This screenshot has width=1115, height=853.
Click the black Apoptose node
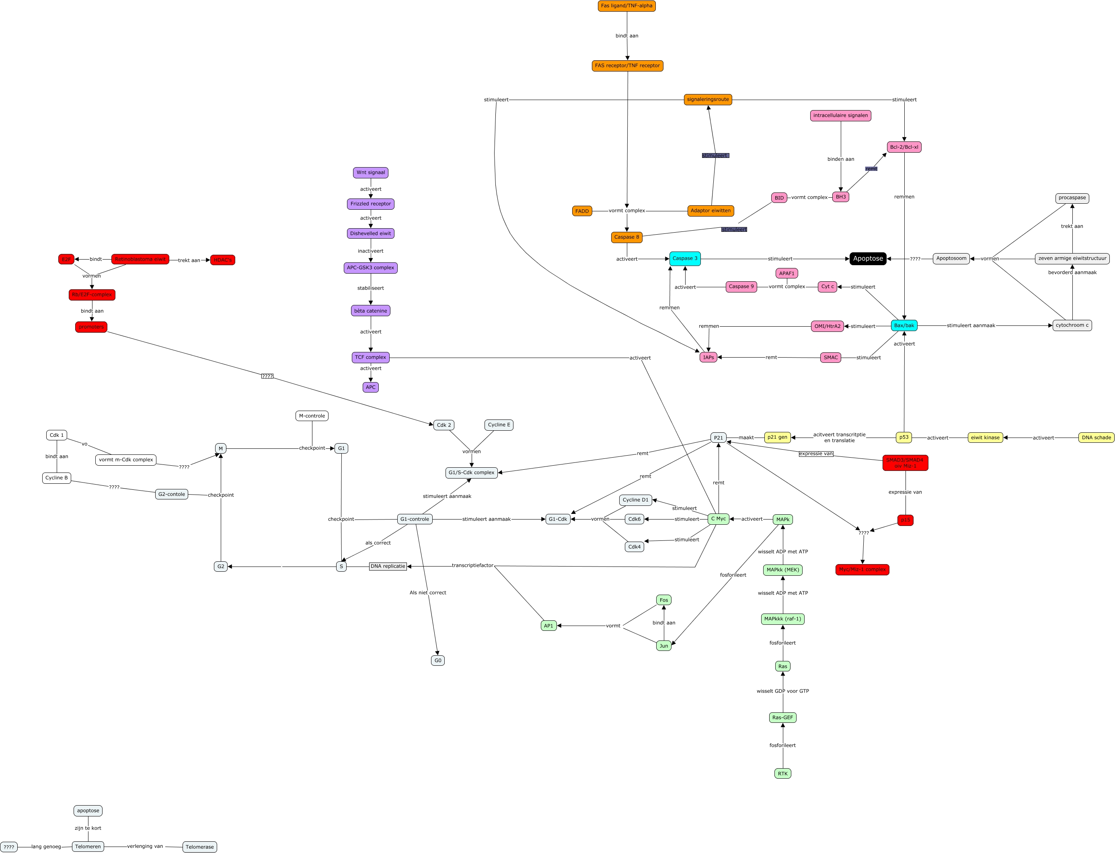[868, 258]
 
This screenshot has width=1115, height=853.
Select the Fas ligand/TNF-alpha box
[626, 6]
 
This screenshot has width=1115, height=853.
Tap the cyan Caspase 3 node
[685, 258]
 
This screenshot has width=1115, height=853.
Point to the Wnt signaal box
[370, 173]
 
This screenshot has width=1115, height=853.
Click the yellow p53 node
[903, 437]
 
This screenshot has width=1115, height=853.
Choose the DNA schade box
[1096, 438]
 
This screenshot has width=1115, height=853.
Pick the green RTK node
[782, 774]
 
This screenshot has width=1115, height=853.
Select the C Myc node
[718, 519]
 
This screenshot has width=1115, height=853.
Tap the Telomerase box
[199, 847]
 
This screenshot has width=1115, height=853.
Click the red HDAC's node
[222, 260]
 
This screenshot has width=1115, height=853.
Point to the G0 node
[437, 661]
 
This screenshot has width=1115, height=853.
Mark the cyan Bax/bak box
[903, 325]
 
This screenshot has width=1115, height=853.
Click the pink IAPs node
[708, 358]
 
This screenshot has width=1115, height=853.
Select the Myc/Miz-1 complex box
[862, 570]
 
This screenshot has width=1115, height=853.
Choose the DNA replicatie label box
[388, 566]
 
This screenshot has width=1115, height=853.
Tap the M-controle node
[312, 416]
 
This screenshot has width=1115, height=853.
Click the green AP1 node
[548, 626]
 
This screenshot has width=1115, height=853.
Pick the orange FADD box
[582, 211]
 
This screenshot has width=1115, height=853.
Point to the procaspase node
[1072, 198]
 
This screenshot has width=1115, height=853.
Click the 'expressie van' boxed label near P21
[816, 454]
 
